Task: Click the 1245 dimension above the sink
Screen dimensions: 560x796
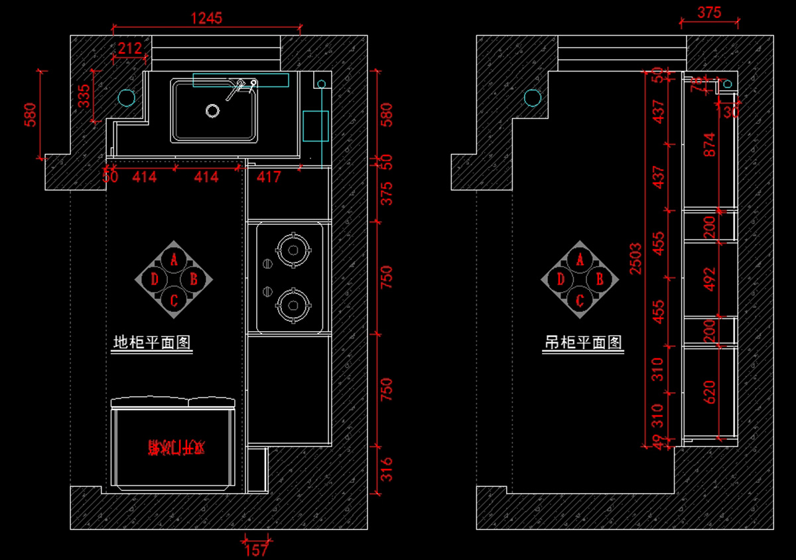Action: (206, 19)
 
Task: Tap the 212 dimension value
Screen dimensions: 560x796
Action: (130, 48)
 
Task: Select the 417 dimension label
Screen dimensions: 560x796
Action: (268, 177)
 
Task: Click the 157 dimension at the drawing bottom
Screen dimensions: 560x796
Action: (256, 549)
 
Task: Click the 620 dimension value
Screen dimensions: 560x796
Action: (709, 391)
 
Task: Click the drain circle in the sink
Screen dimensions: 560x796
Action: (212, 111)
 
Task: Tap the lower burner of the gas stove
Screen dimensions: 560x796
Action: (293, 305)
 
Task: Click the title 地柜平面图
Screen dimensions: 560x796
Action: (152, 343)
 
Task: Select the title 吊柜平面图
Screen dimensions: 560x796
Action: (584, 343)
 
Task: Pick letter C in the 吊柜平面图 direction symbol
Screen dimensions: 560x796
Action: (580, 301)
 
